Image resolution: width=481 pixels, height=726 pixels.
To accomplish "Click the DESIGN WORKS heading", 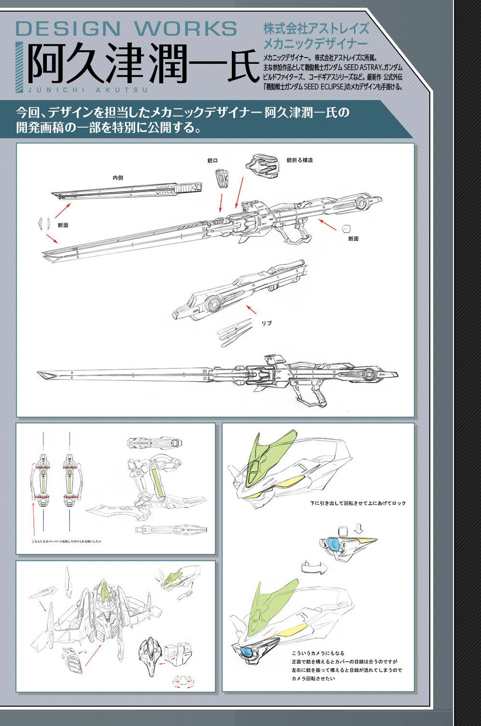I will click(126, 29).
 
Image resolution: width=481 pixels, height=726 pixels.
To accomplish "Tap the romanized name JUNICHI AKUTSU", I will click(87, 90).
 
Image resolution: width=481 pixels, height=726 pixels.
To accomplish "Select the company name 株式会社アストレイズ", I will click(316, 29).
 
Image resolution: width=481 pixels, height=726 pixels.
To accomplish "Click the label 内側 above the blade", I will click(118, 178).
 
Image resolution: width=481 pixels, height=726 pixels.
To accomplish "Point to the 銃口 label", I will click(212, 160).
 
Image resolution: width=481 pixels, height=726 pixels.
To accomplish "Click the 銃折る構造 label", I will click(299, 160).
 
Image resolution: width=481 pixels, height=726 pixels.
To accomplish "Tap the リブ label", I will click(267, 323).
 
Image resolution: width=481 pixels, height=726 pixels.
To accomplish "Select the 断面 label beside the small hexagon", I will click(354, 239).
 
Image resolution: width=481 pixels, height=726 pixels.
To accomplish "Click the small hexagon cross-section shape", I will click(346, 228).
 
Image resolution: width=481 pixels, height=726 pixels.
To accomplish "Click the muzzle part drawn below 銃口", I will click(222, 178).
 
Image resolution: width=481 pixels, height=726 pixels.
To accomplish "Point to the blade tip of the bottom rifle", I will click(46, 375).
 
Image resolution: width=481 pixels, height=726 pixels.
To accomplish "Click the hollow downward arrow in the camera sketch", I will click(358, 527).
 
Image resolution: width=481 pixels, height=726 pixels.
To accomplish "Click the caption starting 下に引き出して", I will click(358, 503).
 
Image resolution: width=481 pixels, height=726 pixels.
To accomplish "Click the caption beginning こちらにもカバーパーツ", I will click(67, 541).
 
